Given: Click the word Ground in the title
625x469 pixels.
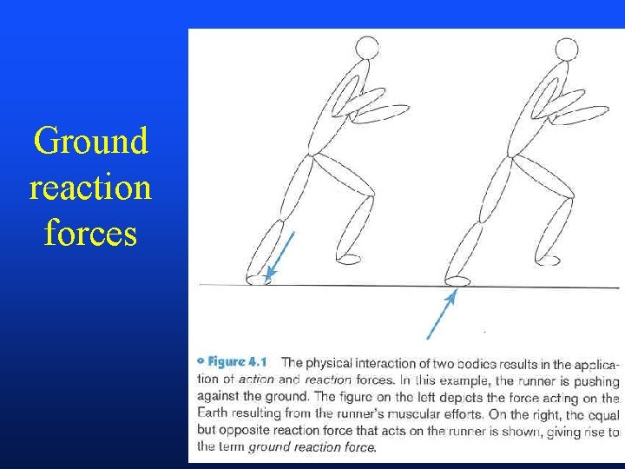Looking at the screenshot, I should coord(90,142).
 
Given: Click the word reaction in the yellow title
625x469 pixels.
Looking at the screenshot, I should coord(90,188).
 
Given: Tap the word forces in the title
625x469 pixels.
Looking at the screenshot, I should coord(90,233).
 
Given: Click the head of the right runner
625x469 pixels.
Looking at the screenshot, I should coord(567,50).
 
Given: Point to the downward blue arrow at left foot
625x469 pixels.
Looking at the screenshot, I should coord(281,254).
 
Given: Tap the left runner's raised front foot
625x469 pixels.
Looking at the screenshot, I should coord(348,258).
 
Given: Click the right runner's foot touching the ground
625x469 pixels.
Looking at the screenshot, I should coord(457,280).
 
